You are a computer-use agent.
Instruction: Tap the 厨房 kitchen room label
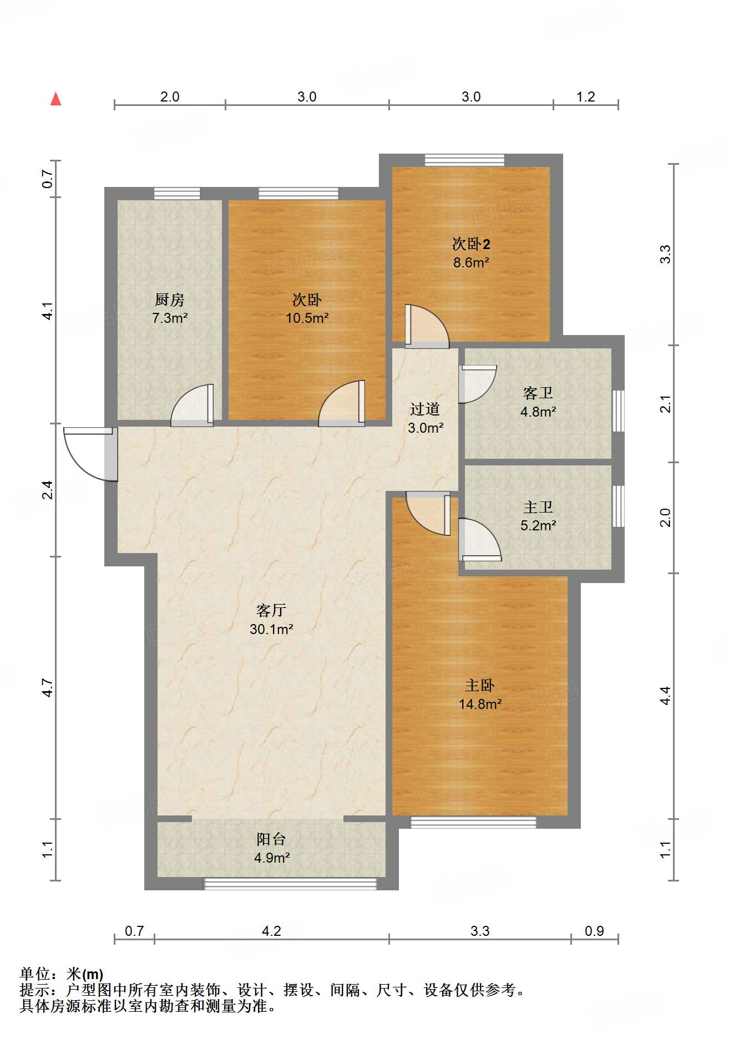point(169,300)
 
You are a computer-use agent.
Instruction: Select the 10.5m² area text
point(307,318)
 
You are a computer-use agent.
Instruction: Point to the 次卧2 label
point(471,244)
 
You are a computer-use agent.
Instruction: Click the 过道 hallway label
point(425,409)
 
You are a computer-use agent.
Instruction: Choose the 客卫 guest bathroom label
point(538,393)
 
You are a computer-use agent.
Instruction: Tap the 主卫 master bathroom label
point(538,507)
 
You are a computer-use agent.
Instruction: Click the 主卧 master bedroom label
point(480,686)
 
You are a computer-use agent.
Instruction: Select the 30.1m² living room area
point(271,629)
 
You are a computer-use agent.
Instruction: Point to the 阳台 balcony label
point(271,839)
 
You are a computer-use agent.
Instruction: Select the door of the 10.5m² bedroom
point(342,403)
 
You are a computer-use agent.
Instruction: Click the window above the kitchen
point(177,194)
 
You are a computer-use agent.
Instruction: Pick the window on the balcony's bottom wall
point(290,884)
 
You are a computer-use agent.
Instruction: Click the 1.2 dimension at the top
point(585,97)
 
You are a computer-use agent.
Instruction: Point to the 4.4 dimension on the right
point(665,696)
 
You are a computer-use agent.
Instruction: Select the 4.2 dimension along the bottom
point(271,931)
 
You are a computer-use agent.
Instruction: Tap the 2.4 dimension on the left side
point(48,490)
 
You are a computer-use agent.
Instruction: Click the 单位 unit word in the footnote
point(35,974)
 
